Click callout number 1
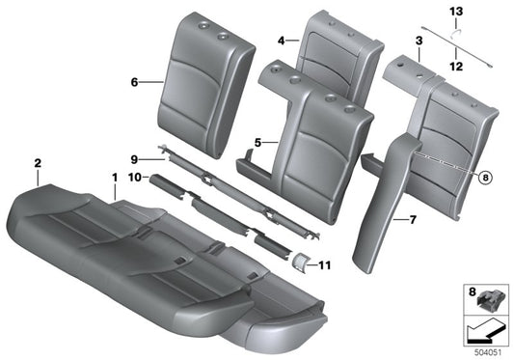click(x=114, y=178)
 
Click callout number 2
click(x=37, y=163)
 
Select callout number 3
click(x=419, y=41)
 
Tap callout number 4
click(x=281, y=42)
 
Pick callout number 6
click(x=136, y=83)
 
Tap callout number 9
click(x=136, y=157)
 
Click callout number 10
click(x=136, y=178)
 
